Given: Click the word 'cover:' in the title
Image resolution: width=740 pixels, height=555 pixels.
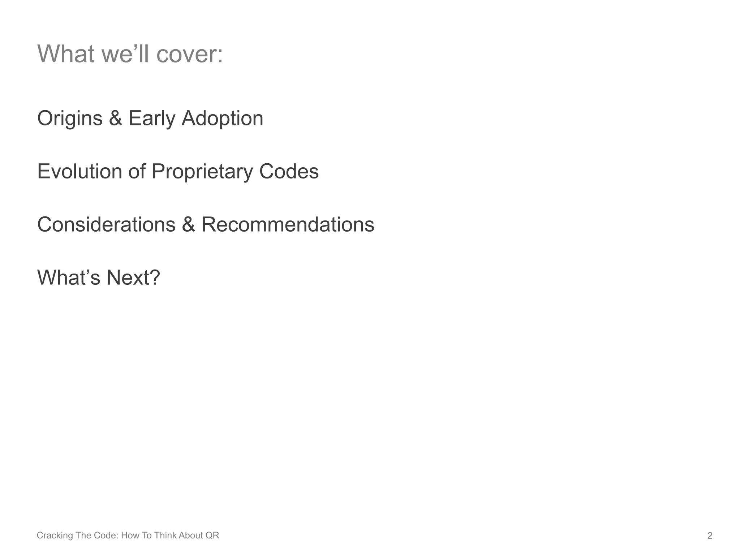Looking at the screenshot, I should [189, 54].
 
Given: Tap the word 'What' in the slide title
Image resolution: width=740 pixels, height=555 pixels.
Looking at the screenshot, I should [66, 54].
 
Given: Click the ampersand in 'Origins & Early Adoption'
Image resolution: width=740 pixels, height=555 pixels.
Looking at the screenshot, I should [115, 119].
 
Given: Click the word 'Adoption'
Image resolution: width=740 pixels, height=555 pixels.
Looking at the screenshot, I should [222, 119].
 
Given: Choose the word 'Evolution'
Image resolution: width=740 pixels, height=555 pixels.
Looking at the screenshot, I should [79, 171].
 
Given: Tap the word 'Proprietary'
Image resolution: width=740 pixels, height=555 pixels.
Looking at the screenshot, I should [202, 172].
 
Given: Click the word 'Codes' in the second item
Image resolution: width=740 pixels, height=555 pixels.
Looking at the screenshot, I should [289, 171].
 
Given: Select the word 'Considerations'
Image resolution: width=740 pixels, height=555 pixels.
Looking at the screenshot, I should [106, 224].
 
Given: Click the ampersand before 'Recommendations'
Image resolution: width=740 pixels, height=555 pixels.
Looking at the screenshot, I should [188, 224].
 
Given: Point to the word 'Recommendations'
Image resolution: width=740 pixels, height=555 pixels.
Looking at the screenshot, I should [288, 224].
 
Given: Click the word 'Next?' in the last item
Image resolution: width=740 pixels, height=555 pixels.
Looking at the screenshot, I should [133, 277].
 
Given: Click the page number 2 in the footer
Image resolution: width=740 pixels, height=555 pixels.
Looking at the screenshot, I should [710, 535].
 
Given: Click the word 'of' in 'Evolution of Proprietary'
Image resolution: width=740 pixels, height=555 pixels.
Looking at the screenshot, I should [137, 171].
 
